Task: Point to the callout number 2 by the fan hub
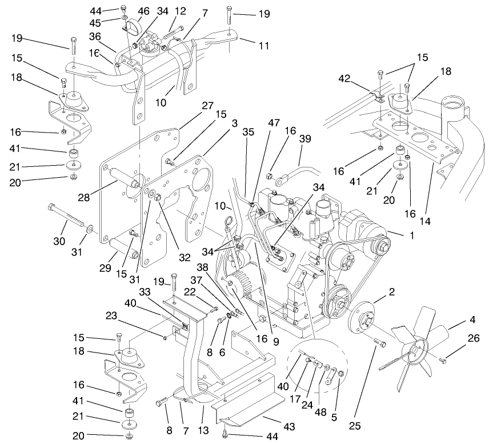[x=391, y=293]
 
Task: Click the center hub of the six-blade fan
[x=421, y=346]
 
